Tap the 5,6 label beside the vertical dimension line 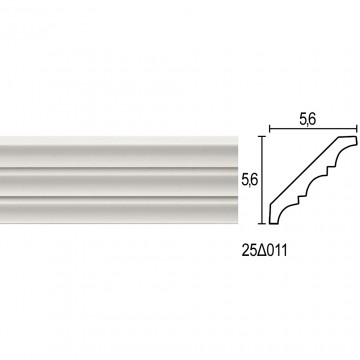(x=250, y=180)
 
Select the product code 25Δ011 (x=264, y=251)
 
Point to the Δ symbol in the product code (x=261, y=251)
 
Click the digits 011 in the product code (x=276, y=251)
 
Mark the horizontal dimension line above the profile (x=313, y=128)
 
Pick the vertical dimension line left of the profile (x=263, y=180)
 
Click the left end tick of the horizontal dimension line (x=269, y=128)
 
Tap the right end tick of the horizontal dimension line (x=357, y=128)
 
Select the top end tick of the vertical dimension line (x=263, y=137)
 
